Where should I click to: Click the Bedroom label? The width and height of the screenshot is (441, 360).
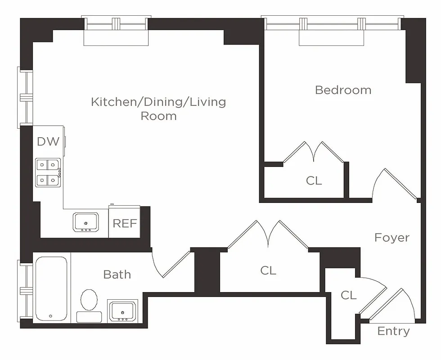point(343,90)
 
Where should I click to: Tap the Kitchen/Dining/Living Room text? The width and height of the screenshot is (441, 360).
point(158,108)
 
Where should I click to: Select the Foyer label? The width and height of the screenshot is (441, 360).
point(391,238)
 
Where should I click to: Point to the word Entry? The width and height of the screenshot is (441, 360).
point(393,331)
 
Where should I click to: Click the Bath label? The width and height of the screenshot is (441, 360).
point(117,274)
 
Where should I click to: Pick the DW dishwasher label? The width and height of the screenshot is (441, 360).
point(48,141)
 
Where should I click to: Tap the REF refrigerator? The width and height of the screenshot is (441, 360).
point(124,223)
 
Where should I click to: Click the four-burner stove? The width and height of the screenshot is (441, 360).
point(48,172)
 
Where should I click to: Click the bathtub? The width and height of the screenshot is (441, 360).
point(51,288)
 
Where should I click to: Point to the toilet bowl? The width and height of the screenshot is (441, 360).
point(89,299)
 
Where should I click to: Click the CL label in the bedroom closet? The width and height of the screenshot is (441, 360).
point(314,181)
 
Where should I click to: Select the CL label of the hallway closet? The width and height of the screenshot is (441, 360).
point(268,270)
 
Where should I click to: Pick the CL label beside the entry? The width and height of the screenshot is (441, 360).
point(348,295)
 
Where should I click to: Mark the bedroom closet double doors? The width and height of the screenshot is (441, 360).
point(314,153)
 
